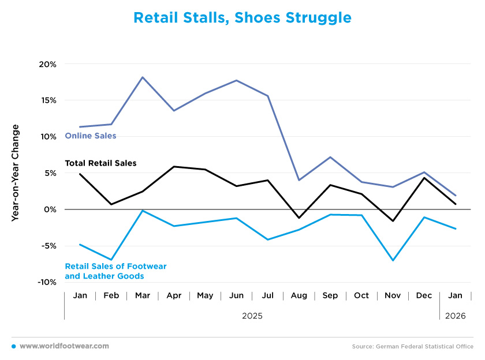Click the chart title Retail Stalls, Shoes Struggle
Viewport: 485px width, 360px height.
pos(242,18)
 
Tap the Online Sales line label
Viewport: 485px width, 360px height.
pos(91,136)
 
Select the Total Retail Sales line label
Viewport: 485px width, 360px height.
pos(100,163)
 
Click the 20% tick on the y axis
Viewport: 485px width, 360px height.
pos(48,64)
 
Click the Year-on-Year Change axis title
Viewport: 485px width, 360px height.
pos(16,173)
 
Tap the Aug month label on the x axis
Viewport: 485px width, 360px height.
pos(299,296)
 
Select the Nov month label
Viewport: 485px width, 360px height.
pos(393,296)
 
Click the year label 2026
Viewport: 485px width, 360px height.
pos(455,316)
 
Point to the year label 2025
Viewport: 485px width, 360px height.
pos(252,316)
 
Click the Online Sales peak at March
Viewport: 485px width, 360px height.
pos(143,77)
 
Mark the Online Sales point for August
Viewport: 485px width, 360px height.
pos(299,180)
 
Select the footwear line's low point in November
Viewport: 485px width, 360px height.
pos(393,260)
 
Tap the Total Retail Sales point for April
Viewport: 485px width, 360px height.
pos(174,167)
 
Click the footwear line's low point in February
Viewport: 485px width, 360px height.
pos(111,260)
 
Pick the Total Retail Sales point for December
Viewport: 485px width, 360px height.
pos(424,178)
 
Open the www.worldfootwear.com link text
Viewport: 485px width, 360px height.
pos(64,346)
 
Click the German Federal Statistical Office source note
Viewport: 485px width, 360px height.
pos(413,347)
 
